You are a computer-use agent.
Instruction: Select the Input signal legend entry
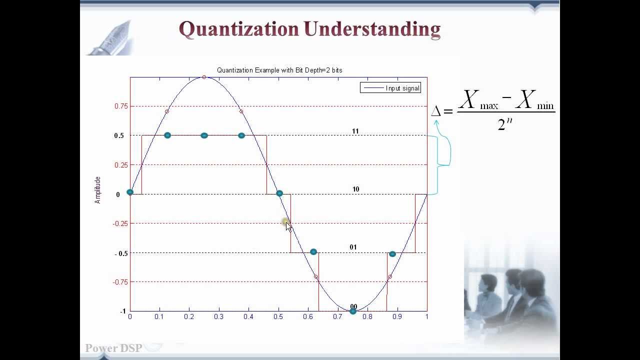(x=390, y=88)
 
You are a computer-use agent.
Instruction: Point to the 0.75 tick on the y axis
(x=120, y=106)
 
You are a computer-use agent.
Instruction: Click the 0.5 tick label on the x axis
(x=278, y=316)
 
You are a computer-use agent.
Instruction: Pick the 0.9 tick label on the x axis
(x=397, y=316)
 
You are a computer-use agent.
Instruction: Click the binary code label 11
(x=355, y=131)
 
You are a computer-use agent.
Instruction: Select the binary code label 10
(x=355, y=189)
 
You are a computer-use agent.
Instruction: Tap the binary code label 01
(x=353, y=247)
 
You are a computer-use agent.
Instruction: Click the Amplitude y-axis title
(x=97, y=190)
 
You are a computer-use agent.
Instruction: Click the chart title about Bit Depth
(x=279, y=70)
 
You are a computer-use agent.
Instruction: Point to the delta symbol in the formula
(x=435, y=111)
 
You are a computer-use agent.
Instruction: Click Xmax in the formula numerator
(x=478, y=100)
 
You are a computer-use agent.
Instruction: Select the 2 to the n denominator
(x=505, y=123)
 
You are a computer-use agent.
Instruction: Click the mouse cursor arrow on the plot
(x=288, y=226)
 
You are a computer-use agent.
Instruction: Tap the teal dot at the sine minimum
(x=353, y=311)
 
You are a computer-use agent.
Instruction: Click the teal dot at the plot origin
(x=130, y=192)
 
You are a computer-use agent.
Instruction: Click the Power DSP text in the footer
(x=113, y=348)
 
